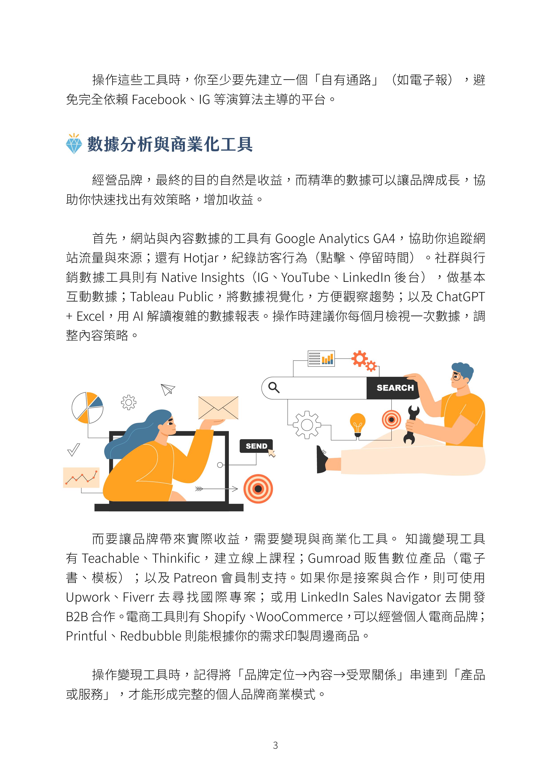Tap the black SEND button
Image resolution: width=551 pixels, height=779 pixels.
click(x=256, y=446)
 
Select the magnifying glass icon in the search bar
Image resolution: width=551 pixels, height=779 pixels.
click(x=274, y=388)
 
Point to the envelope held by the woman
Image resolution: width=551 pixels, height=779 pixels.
click(x=218, y=407)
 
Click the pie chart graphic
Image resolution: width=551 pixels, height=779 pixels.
click(x=87, y=408)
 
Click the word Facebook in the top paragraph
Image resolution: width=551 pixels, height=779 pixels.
click(x=159, y=100)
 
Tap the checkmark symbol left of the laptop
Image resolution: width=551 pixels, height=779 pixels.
click(x=74, y=449)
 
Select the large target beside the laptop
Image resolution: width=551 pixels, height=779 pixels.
click(x=258, y=489)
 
